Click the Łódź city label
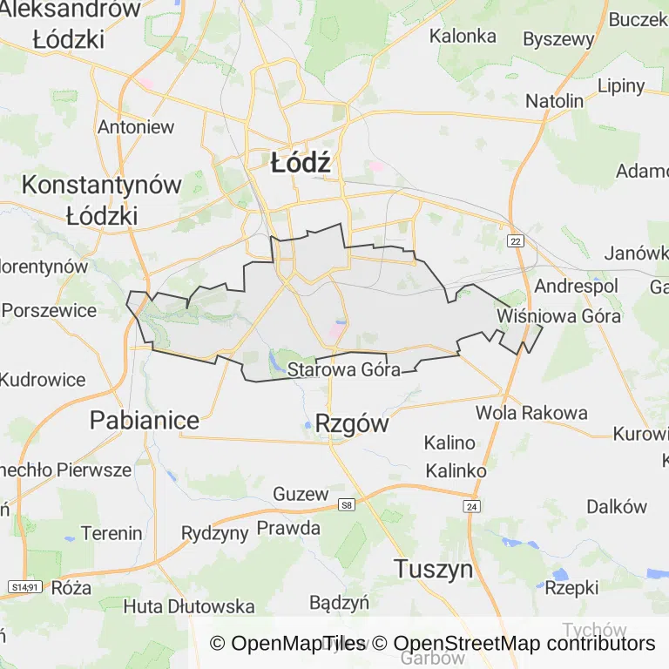pyautogui.click(x=301, y=163)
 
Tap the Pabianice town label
pyautogui.click(x=145, y=421)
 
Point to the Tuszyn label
pyautogui.click(x=433, y=570)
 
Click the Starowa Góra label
pyautogui.click(x=344, y=369)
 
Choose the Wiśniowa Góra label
pyautogui.click(x=558, y=315)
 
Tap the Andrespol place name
pyautogui.click(x=576, y=286)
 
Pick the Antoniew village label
pyautogui.click(x=136, y=126)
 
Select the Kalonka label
pyautogui.click(x=463, y=37)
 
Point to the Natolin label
pyautogui.click(x=554, y=101)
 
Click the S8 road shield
pyautogui.click(x=348, y=504)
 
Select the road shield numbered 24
pyautogui.click(x=472, y=506)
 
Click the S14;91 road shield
pyautogui.click(x=24, y=588)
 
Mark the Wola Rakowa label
pyautogui.click(x=531, y=413)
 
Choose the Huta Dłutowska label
pyautogui.click(x=189, y=606)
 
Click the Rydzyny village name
pyautogui.click(x=214, y=533)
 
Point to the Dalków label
pyautogui.click(x=617, y=507)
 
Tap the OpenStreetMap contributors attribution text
pyautogui.click(x=524, y=644)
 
